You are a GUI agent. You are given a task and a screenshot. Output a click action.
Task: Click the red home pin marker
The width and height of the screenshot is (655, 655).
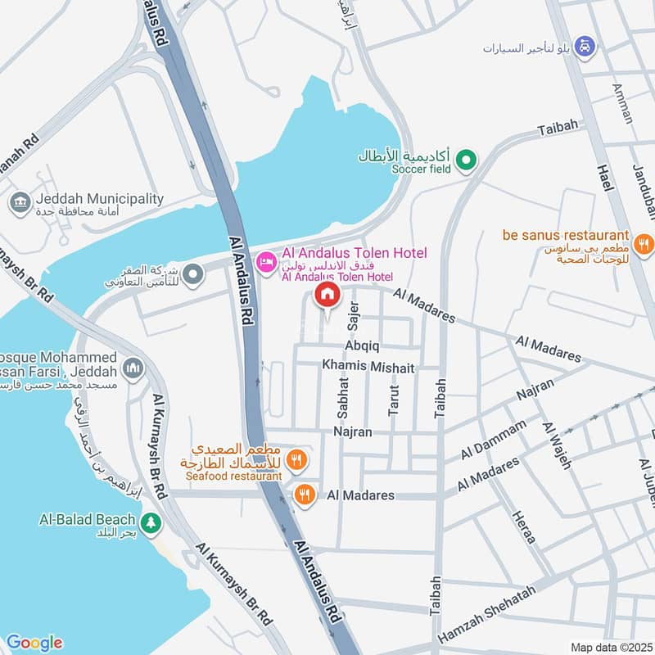(x=327, y=296)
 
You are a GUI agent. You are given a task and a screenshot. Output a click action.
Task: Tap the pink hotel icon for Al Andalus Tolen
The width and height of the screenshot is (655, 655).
(x=266, y=262)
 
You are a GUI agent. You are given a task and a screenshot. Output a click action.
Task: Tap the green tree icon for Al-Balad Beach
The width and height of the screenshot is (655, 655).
(x=150, y=521)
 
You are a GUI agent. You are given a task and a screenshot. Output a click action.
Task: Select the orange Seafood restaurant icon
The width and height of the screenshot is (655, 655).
(x=297, y=460)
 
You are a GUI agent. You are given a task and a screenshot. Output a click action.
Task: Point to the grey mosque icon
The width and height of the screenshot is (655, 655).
(x=133, y=369)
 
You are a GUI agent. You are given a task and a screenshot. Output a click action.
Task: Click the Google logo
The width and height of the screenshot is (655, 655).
(x=34, y=642)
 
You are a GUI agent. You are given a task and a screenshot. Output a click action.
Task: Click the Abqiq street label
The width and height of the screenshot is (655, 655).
(x=361, y=346)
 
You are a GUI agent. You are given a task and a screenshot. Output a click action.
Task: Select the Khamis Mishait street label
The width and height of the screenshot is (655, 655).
(x=368, y=367)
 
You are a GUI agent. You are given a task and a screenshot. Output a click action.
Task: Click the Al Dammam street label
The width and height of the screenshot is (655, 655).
(x=493, y=440)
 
